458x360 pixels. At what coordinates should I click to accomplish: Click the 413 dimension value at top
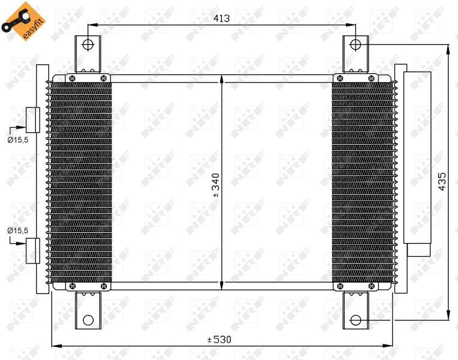pos(222,19)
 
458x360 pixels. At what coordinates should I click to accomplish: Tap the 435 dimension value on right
pos(442,181)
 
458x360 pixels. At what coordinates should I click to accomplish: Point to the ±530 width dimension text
pos(219,340)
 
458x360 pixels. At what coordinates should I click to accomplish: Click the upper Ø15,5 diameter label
pos(17,139)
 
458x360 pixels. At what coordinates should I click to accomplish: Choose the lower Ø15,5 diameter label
pos(17,230)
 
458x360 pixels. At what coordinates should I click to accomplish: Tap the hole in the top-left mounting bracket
pos(88,44)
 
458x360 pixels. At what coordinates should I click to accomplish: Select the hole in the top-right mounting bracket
pos(355,44)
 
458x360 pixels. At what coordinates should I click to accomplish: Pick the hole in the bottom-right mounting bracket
pos(355,320)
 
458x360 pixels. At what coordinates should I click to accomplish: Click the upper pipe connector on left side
pos(32,119)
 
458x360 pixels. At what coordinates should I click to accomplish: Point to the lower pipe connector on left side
pos(32,251)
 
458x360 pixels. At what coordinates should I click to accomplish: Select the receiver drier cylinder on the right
pos(417,157)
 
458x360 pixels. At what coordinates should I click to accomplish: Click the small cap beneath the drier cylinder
pos(418,249)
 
